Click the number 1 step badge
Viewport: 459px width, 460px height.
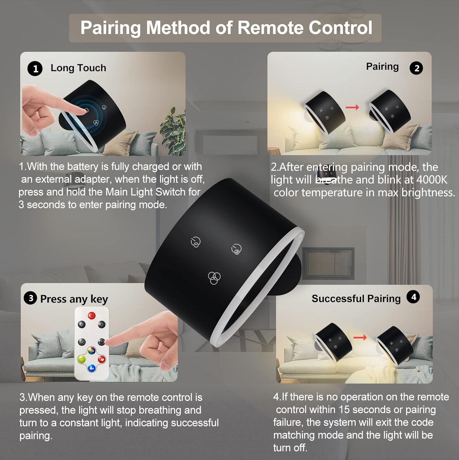(x=35, y=69)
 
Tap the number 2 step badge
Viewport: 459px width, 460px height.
(x=416, y=68)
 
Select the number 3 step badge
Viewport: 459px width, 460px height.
(x=31, y=298)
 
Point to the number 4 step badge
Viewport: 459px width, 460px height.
(x=413, y=297)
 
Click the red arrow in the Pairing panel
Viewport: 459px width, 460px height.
(x=352, y=107)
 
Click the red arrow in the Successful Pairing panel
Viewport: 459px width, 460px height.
(x=360, y=338)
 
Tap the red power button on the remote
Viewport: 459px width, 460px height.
(x=92, y=315)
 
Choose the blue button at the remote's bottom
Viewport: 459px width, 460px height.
(x=91, y=368)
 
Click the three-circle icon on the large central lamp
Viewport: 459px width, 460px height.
(x=214, y=278)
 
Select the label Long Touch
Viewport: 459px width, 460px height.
(x=78, y=68)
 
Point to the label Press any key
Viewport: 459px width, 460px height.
(x=74, y=299)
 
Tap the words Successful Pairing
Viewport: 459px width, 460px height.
(x=356, y=298)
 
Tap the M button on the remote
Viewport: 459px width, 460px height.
(x=82, y=342)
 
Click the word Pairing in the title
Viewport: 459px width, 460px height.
(x=110, y=28)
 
